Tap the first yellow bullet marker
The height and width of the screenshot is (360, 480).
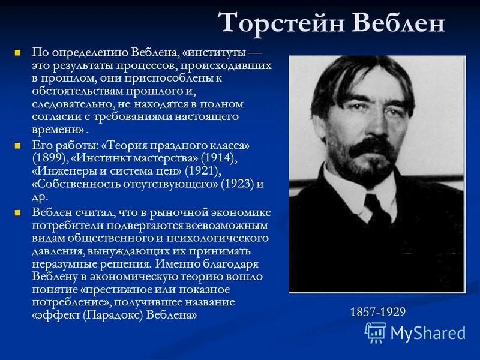(x=18, y=53)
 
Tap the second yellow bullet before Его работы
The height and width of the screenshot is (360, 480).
(x=18, y=146)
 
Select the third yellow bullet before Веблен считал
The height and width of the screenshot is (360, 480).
(x=18, y=212)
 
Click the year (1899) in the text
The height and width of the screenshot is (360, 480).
(x=50, y=158)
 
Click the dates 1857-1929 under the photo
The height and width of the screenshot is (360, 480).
(x=378, y=312)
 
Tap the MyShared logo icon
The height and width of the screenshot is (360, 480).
(x=376, y=332)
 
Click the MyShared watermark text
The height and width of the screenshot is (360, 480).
(x=428, y=333)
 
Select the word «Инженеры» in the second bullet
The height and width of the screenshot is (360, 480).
(x=58, y=170)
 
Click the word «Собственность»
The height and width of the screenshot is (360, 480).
(x=72, y=183)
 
